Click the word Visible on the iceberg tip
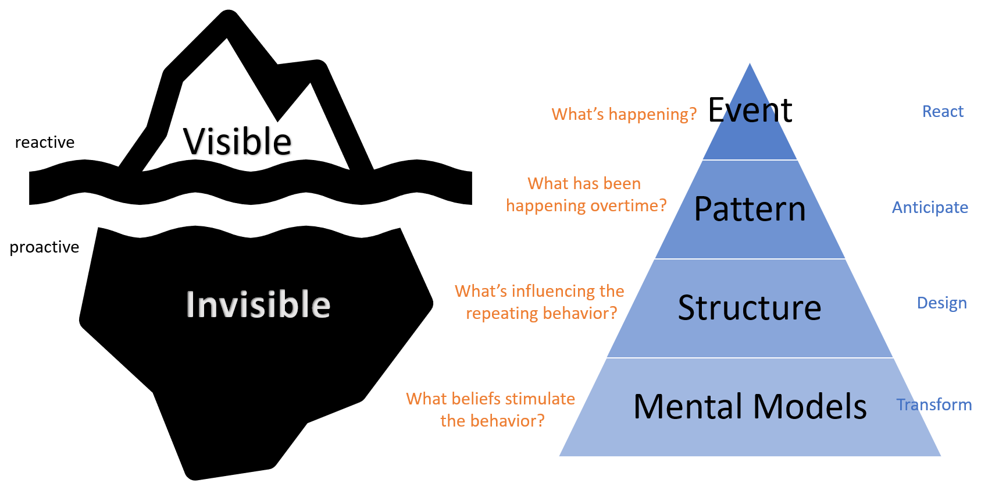[237, 141]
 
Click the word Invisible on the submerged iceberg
[258, 304]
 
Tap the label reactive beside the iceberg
[45, 143]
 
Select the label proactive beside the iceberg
[44, 247]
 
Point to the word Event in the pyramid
[750, 110]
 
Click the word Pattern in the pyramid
[750, 209]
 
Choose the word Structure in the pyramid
[750, 308]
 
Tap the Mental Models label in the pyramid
[750, 406]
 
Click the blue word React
[943, 112]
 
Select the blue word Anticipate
[930, 208]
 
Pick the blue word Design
[941, 303]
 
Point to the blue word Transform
[934, 404]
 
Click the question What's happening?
[624, 114]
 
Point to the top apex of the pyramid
[750, 65]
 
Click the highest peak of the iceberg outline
[229, 17]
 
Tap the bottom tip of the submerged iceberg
[195, 476]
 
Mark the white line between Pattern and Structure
[750, 259]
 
